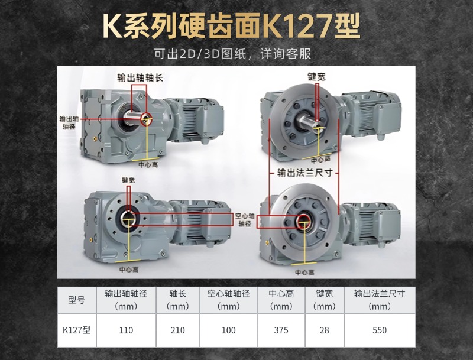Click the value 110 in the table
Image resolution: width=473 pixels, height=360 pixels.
(x=126, y=330)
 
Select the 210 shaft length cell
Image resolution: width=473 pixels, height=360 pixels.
(x=178, y=330)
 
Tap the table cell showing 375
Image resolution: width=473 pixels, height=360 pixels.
(x=281, y=330)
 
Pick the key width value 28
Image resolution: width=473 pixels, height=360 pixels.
(x=324, y=330)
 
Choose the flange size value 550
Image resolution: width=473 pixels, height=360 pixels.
(x=380, y=330)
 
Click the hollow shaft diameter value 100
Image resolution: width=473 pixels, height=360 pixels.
(x=229, y=330)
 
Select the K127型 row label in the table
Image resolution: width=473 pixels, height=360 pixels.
(x=77, y=330)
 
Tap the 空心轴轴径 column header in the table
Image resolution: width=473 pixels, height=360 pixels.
(x=229, y=294)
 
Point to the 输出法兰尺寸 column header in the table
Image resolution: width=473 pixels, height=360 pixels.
(x=380, y=294)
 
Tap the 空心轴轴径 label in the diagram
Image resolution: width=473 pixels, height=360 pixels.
(x=245, y=220)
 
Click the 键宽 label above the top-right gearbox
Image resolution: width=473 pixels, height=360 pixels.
(x=316, y=76)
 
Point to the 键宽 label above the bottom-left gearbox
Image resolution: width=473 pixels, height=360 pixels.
(x=129, y=180)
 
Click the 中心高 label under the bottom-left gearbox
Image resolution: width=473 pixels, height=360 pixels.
(x=129, y=269)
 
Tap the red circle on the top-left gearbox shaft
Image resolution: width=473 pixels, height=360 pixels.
(x=145, y=118)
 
